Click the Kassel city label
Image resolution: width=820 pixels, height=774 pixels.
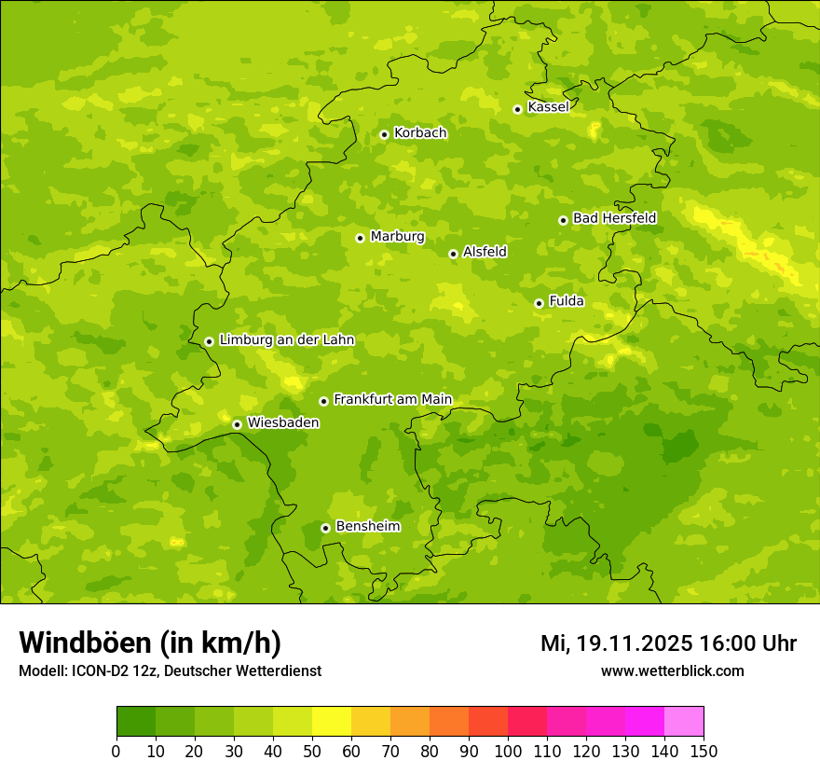548,107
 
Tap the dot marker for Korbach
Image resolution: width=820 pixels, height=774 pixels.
384,134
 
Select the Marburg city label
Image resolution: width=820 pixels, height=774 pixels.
397,237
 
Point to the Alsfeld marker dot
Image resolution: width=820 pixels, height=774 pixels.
453,254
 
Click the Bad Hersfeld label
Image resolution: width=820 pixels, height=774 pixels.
614,218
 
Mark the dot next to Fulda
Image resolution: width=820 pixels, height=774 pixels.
539,303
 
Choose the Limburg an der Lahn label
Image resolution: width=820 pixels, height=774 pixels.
287,340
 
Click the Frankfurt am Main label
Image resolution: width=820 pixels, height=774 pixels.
392,400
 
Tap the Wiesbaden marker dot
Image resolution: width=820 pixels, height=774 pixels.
237,424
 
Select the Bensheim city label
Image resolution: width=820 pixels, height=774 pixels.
367,527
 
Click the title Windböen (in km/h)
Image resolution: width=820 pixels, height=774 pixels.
150,643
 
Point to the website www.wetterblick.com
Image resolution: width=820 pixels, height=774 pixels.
672,670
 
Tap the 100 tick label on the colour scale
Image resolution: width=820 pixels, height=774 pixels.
507,751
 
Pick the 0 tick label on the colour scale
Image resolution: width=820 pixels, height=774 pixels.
116,751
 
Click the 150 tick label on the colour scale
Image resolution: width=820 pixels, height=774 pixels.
703,751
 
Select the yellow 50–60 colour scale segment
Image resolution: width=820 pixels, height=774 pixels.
331,722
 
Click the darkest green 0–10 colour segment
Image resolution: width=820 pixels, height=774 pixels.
136,722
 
